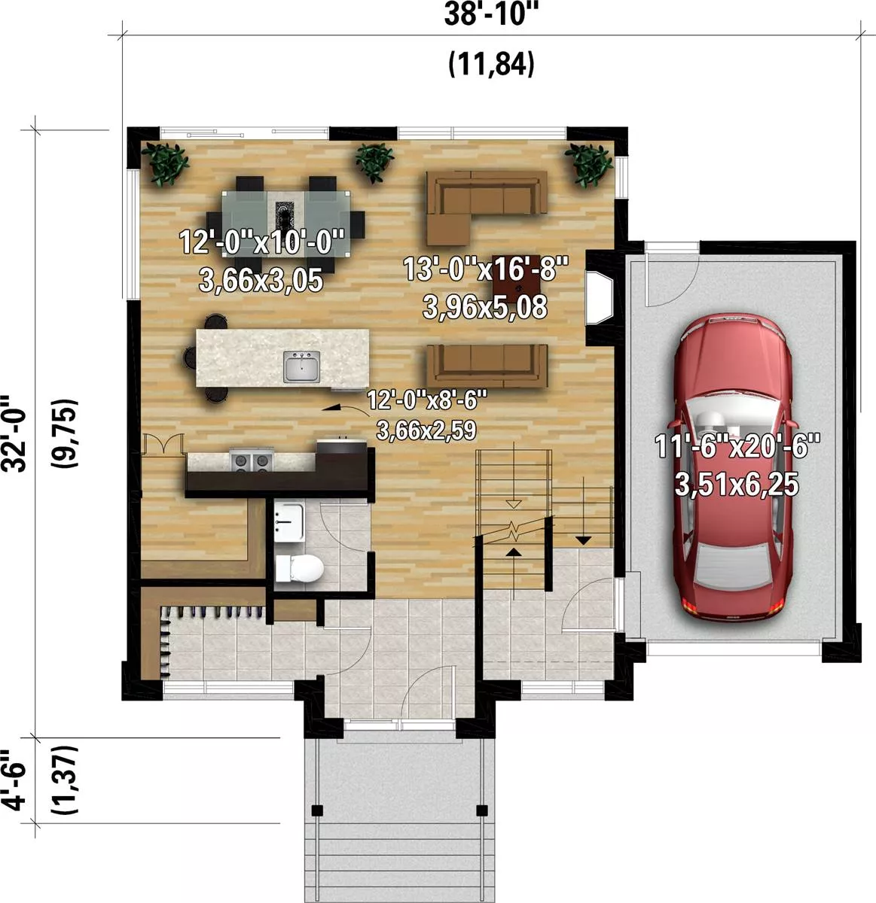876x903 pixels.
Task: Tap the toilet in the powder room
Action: (x=299, y=568)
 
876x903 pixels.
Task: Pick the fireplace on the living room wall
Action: (x=600, y=297)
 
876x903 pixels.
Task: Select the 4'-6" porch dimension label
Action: (x=14, y=780)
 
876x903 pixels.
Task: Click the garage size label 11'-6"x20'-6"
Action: (x=737, y=446)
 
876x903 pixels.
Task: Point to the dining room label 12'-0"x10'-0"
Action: (x=261, y=242)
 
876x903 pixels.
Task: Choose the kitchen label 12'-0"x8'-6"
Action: (x=427, y=400)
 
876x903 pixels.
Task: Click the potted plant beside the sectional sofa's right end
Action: (x=588, y=165)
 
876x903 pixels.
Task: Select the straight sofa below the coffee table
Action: (x=487, y=365)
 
